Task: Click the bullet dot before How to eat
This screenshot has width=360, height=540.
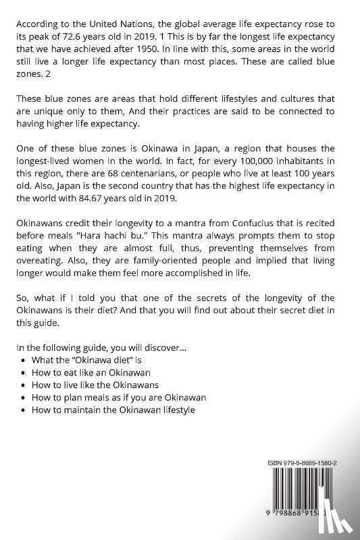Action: [25, 373]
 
